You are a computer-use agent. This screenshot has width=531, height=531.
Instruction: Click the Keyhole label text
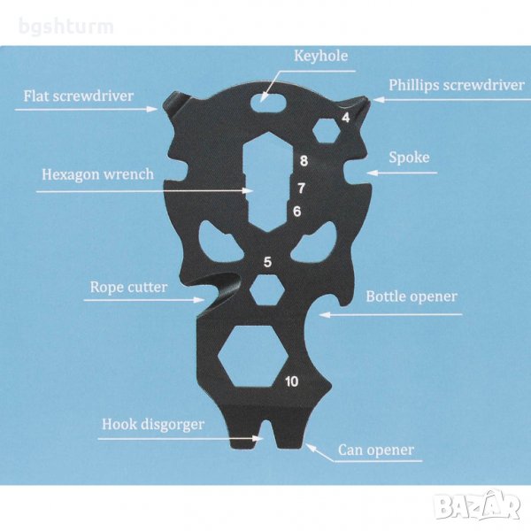[320, 57]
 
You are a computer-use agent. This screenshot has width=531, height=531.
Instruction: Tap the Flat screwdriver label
[73, 95]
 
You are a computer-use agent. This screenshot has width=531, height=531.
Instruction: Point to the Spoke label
[409, 158]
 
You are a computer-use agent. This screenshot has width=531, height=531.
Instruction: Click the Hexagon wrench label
[97, 174]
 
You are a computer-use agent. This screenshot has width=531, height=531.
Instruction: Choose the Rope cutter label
[130, 287]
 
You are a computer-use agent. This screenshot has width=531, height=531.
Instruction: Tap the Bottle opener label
[412, 296]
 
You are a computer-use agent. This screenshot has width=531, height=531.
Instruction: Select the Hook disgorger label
[152, 424]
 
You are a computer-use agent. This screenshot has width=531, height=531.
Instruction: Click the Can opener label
[375, 450]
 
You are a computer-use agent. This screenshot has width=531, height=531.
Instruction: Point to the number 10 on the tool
[292, 381]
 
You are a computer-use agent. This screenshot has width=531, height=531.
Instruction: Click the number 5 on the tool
[267, 261]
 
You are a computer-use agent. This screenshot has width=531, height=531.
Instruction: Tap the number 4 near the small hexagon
[344, 117]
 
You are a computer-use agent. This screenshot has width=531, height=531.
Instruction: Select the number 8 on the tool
[304, 161]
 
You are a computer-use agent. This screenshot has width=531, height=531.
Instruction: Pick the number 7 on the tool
[301, 188]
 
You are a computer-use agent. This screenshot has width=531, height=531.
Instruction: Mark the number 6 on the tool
[296, 212]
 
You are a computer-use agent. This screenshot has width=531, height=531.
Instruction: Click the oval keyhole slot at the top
[265, 101]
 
